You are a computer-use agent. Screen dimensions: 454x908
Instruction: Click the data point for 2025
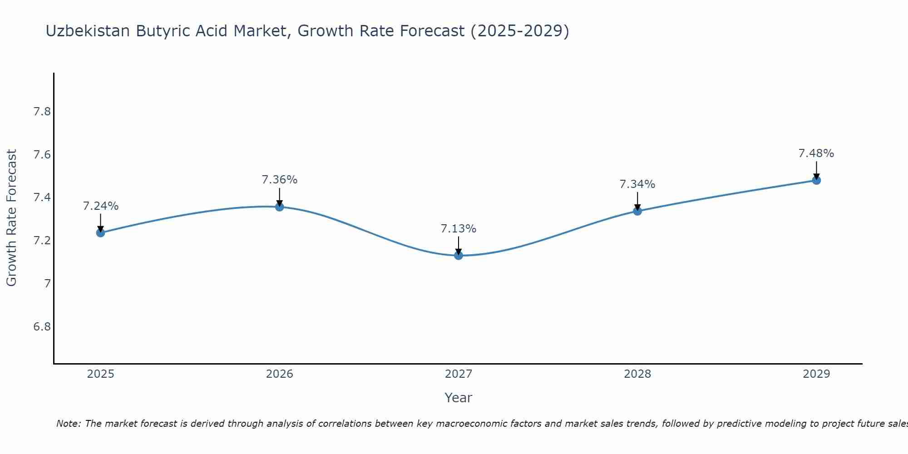tap(100, 233)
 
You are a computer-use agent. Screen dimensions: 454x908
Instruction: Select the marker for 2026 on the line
tap(280, 207)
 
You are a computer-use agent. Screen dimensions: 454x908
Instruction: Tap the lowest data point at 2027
tap(459, 256)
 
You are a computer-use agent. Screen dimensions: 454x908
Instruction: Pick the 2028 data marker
tap(637, 211)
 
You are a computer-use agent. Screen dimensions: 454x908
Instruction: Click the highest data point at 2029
tap(816, 180)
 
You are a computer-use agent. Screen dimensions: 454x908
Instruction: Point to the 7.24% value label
tap(100, 206)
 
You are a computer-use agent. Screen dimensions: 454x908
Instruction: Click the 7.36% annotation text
tap(280, 180)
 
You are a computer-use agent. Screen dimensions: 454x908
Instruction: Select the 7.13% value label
tap(459, 229)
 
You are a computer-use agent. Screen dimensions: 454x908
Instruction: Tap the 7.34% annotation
tap(637, 184)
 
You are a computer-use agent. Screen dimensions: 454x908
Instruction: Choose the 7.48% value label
tap(816, 153)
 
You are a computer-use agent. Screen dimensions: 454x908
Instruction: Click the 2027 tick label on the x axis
tap(459, 374)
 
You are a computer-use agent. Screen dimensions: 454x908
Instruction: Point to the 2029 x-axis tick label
tap(816, 374)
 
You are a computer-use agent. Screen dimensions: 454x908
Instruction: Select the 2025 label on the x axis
tap(100, 374)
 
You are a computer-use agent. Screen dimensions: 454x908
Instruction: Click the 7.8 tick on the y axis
tap(42, 112)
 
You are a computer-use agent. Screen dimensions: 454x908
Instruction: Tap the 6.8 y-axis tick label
tap(42, 327)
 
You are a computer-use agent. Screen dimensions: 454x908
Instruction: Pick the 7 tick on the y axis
tap(47, 284)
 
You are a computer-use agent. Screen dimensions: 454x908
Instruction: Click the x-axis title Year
tap(459, 398)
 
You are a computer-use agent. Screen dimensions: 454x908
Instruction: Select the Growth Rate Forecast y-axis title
tap(11, 218)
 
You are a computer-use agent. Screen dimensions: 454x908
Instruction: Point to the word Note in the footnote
tap(68, 424)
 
